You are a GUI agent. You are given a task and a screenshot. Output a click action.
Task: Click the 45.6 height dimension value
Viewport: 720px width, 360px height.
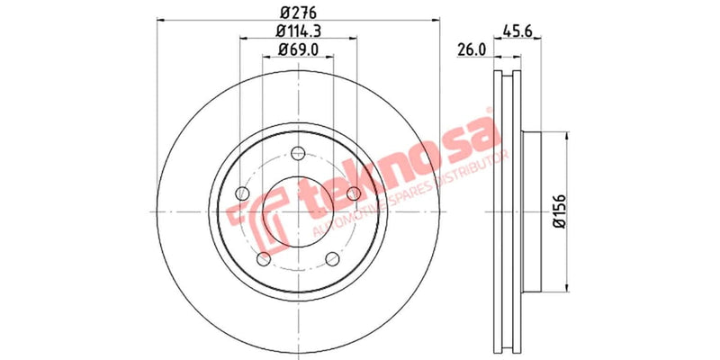click(513, 30)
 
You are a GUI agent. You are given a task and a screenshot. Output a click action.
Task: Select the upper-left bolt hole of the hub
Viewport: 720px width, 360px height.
click(241, 192)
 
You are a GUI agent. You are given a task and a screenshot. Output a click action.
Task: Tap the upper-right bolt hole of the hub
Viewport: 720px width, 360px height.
click(354, 192)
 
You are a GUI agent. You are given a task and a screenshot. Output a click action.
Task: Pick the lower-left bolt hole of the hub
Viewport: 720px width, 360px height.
click(263, 259)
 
